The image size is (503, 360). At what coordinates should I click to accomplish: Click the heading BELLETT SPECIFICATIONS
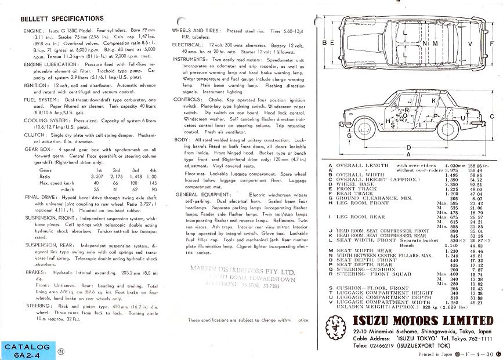click(x=62, y=19)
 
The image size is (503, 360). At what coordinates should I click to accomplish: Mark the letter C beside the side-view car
click(x=492, y=116)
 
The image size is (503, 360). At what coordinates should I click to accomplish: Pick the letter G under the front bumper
click(x=349, y=136)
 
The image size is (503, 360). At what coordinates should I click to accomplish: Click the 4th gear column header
click(x=154, y=170)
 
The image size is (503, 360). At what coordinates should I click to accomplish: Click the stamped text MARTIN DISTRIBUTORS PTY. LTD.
click(x=234, y=270)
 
